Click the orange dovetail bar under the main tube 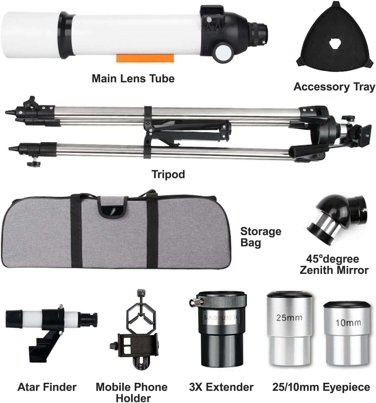point(145,58)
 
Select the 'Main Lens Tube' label point(133,78)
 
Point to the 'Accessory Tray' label point(334,87)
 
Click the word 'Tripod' point(168,174)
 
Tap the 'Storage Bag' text point(261,237)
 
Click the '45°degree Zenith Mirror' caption point(334,265)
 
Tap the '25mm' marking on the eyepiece point(289,318)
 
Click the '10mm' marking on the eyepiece point(348,323)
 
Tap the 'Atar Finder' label point(47,387)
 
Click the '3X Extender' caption point(221,387)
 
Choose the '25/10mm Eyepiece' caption point(321,387)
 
